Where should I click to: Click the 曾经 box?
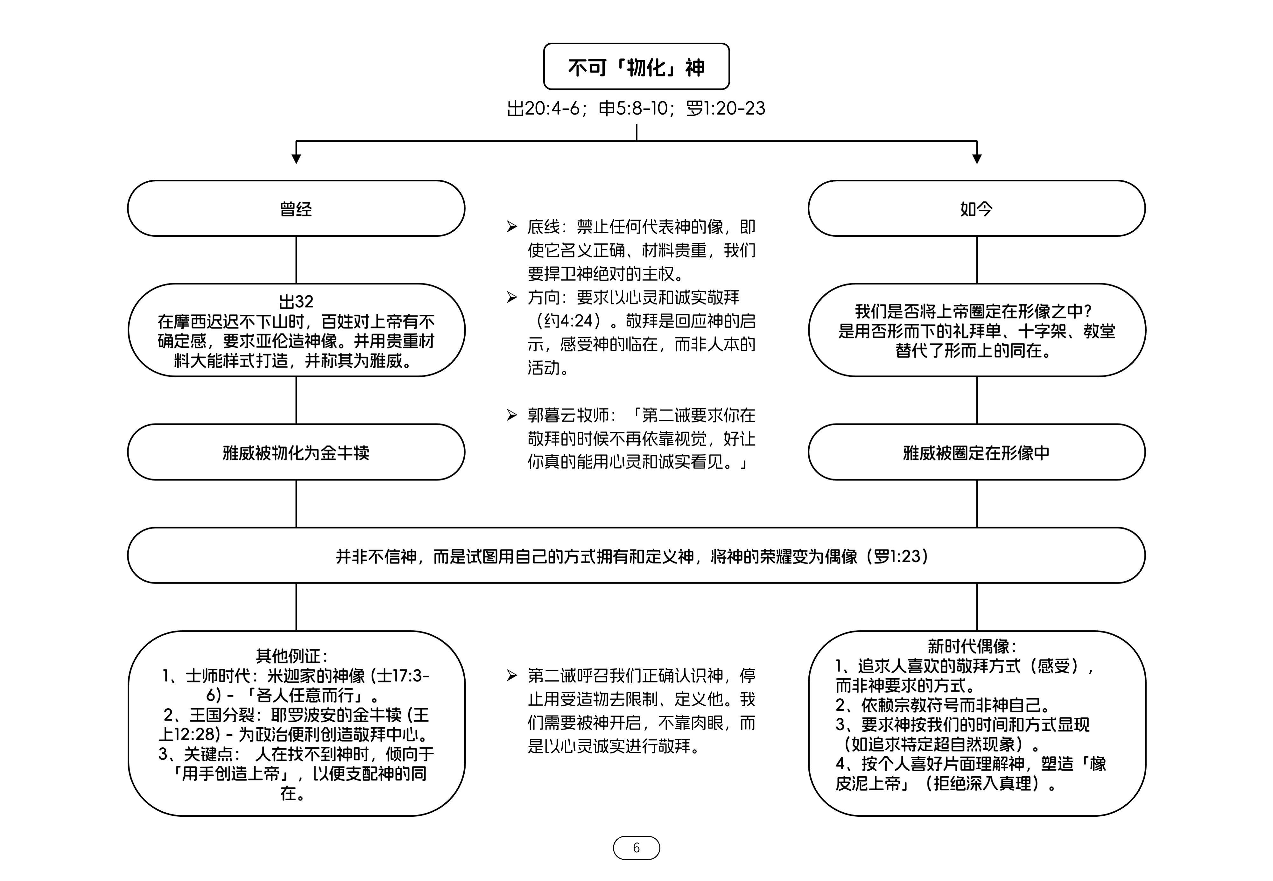[x=296, y=209]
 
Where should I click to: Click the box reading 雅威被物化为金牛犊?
[x=296, y=453]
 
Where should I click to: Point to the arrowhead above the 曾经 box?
[x=296, y=159]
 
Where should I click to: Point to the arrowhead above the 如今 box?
[x=977, y=159]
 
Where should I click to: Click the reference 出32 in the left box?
[x=296, y=301]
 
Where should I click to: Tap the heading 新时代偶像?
[x=972, y=646]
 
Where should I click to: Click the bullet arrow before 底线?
[x=512, y=227]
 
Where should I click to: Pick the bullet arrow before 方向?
[x=512, y=297]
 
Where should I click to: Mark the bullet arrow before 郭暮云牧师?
[x=512, y=415]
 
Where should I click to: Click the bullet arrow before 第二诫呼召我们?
[x=512, y=676]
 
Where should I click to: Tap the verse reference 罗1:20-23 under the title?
[x=725, y=108]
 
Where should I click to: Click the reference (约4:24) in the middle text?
[x=569, y=321]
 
